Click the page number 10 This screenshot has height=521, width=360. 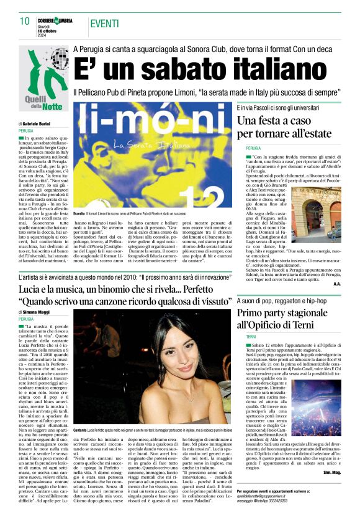(25, 22)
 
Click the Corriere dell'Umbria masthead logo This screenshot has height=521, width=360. (59, 20)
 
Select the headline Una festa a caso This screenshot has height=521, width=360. (289, 127)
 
